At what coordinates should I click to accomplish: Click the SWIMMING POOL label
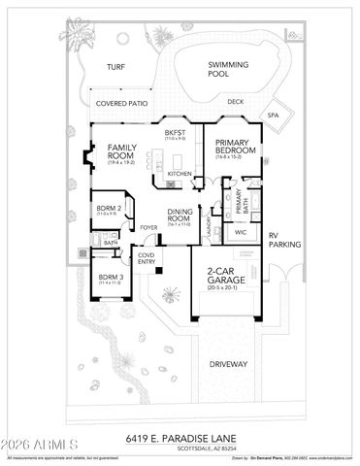click(x=229, y=70)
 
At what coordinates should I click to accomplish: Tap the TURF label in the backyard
click(x=116, y=69)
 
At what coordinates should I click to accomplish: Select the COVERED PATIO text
click(x=119, y=101)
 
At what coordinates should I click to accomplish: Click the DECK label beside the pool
click(x=235, y=101)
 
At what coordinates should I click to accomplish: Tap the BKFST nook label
click(x=175, y=134)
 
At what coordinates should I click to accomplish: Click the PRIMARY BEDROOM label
click(x=235, y=147)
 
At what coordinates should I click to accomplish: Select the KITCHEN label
click(x=180, y=174)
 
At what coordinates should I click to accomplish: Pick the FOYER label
click(x=148, y=230)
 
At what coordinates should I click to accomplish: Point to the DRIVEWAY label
click(x=228, y=364)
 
